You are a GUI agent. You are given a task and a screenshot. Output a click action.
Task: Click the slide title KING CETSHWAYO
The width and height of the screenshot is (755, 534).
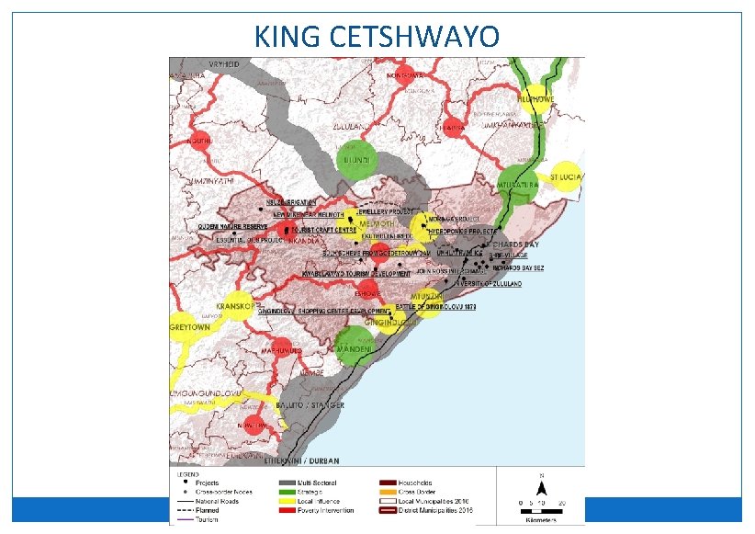377,37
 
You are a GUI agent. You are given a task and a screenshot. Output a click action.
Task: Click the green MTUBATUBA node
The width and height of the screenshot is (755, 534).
516,182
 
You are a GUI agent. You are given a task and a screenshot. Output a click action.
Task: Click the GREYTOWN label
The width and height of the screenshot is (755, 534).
190,327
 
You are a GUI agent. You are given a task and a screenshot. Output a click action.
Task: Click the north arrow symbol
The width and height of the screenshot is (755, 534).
543,486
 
